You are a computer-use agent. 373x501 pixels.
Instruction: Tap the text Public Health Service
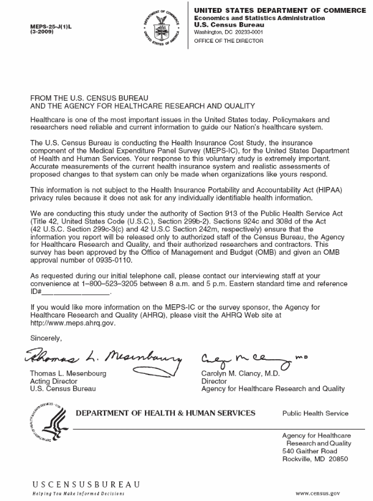316,414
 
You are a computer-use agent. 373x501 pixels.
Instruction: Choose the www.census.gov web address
317,492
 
